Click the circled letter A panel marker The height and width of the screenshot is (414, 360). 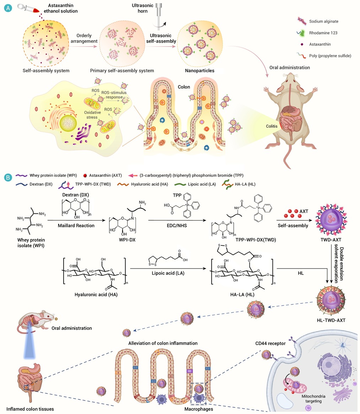tap(8, 8)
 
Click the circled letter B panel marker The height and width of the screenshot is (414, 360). tap(8, 177)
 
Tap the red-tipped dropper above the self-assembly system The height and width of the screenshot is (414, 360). tap(28, 8)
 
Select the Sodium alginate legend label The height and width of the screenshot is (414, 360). tap(324, 21)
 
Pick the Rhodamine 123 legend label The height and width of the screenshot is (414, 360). tap(323, 33)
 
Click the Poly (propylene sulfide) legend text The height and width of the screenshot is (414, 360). tap(330, 56)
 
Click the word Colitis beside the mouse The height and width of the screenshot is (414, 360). tap(272, 126)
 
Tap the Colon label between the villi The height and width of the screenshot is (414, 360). tap(184, 87)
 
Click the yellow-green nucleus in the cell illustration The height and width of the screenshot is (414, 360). tap(68, 123)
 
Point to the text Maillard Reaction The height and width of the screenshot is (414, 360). tap(76, 225)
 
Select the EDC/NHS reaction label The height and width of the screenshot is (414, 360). tap(177, 225)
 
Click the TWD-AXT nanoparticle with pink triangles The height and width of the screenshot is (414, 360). tap(331, 220)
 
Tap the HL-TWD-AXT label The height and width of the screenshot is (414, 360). tap(331, 320)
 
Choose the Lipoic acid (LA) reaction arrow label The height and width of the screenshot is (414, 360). tap(168, 273)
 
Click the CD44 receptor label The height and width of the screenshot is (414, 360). tap(270, 343)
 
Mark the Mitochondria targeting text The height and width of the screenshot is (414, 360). tap(313, 399)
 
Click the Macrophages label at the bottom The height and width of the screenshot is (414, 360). tap(199, 409)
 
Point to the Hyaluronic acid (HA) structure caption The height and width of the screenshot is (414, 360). tap(96, 294)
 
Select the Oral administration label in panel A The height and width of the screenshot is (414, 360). tap(290, 68)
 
